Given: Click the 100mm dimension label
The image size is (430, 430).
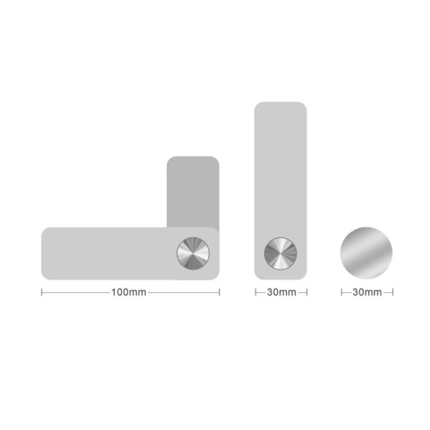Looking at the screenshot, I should [x=129, y=292].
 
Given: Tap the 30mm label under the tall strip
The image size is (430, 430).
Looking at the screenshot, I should [x=281, y=292].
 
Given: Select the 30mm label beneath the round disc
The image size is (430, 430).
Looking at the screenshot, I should [x=367, y=292].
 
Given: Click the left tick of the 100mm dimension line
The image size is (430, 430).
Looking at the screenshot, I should [x=42, y=292].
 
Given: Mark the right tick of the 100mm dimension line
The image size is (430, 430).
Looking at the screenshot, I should [x=219, y=292].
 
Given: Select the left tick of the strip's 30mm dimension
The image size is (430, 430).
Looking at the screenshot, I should [x=255, y=292].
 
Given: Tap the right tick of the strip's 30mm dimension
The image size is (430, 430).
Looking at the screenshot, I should [x=307, y=292].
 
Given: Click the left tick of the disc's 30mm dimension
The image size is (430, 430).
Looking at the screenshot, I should [x=341, y=292].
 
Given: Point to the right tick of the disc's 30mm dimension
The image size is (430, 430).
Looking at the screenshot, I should [x=393, y=292].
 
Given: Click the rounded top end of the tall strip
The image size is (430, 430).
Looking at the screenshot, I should [x=281, y=104].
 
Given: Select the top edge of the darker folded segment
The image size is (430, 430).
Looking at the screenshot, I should [x=192, y=157].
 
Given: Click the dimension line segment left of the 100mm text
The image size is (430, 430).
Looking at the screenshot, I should [x=75, y=292].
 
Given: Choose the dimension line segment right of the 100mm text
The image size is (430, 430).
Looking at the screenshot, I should [x=183, y=292].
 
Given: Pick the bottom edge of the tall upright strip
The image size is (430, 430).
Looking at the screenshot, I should [x=281, y=279].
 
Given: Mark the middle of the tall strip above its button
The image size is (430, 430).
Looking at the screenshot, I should [x=281, y=172].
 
